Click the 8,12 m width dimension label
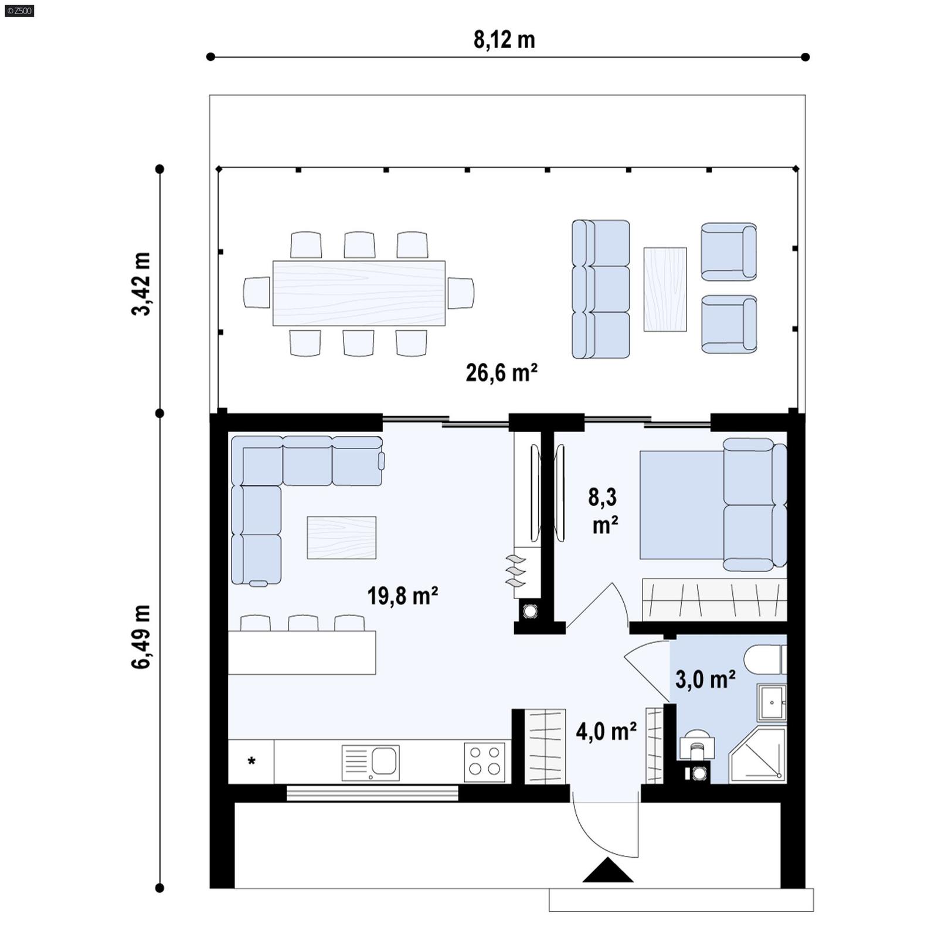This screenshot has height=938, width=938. tap(504, 40)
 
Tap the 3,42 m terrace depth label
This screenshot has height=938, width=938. tap(141, 284)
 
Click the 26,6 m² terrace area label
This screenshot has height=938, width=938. tap(502, 373)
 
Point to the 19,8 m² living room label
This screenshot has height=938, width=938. tap(403, 596)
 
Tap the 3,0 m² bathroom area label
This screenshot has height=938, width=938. tap(705, 679)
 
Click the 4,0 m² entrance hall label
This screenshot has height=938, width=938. tap(606, 732)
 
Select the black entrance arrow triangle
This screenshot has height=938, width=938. tap(608, 871)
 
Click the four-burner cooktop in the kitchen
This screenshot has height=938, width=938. tap(485, 762)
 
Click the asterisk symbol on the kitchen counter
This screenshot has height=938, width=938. tap(252, 762)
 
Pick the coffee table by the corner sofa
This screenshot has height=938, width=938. tap(342, 537)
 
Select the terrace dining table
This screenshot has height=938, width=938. tap(359, 293)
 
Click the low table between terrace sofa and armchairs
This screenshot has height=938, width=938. tap(665, 289)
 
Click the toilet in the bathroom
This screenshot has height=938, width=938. tap(764, 660)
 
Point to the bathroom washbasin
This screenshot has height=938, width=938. tap(772, 702)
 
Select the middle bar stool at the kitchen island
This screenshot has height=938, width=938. tap(303, 623)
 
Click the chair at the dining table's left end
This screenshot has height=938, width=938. tap(256, 292)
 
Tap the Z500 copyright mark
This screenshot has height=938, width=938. tap(19, 10)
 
